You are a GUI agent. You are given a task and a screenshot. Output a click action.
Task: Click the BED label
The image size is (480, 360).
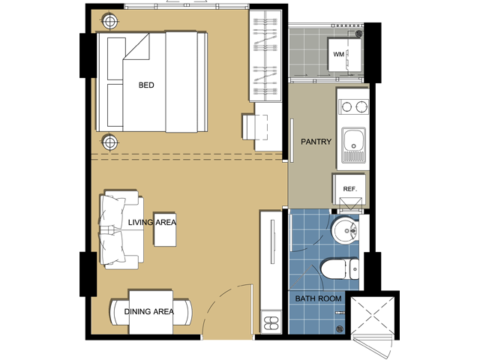[x=146, y=85]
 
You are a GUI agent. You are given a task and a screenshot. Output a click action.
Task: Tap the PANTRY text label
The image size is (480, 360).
[x=316, y=142]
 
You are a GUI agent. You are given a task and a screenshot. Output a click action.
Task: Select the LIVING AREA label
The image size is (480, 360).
[x=152, y=222]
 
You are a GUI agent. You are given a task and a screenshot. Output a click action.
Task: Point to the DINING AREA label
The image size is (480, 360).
[x=149, y=312]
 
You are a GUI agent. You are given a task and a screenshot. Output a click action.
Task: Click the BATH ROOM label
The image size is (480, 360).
[x=318, y=298]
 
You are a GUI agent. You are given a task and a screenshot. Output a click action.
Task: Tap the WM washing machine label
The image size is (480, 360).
[x=338, y=55]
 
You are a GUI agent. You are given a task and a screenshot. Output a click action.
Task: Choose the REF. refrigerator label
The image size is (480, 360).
[x=350, y=189]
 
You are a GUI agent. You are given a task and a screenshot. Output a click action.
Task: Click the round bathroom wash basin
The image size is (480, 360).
[x=345, y=230]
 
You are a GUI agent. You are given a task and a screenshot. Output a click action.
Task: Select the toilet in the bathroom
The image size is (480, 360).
[x=340, y=269]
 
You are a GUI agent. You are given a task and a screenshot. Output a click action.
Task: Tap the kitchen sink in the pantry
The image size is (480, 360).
[x=353, y=145]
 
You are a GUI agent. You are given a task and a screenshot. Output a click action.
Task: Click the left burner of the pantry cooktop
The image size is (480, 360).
[x=346, y=106]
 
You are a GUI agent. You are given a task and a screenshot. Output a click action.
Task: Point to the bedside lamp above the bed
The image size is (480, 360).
[x=110, y=22]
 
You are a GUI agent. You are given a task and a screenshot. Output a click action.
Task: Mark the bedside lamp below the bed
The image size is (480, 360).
[x=110, y=142]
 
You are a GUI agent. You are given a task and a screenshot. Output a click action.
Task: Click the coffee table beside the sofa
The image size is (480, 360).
[x=165, y=229]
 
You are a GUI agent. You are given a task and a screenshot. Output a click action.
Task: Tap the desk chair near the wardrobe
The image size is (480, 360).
[x=255, y=127]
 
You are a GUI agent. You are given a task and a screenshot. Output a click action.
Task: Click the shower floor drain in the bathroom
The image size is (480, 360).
[x=340, y=329]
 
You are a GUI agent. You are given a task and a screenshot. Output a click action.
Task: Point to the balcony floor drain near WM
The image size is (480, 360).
[x=359, y=33]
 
